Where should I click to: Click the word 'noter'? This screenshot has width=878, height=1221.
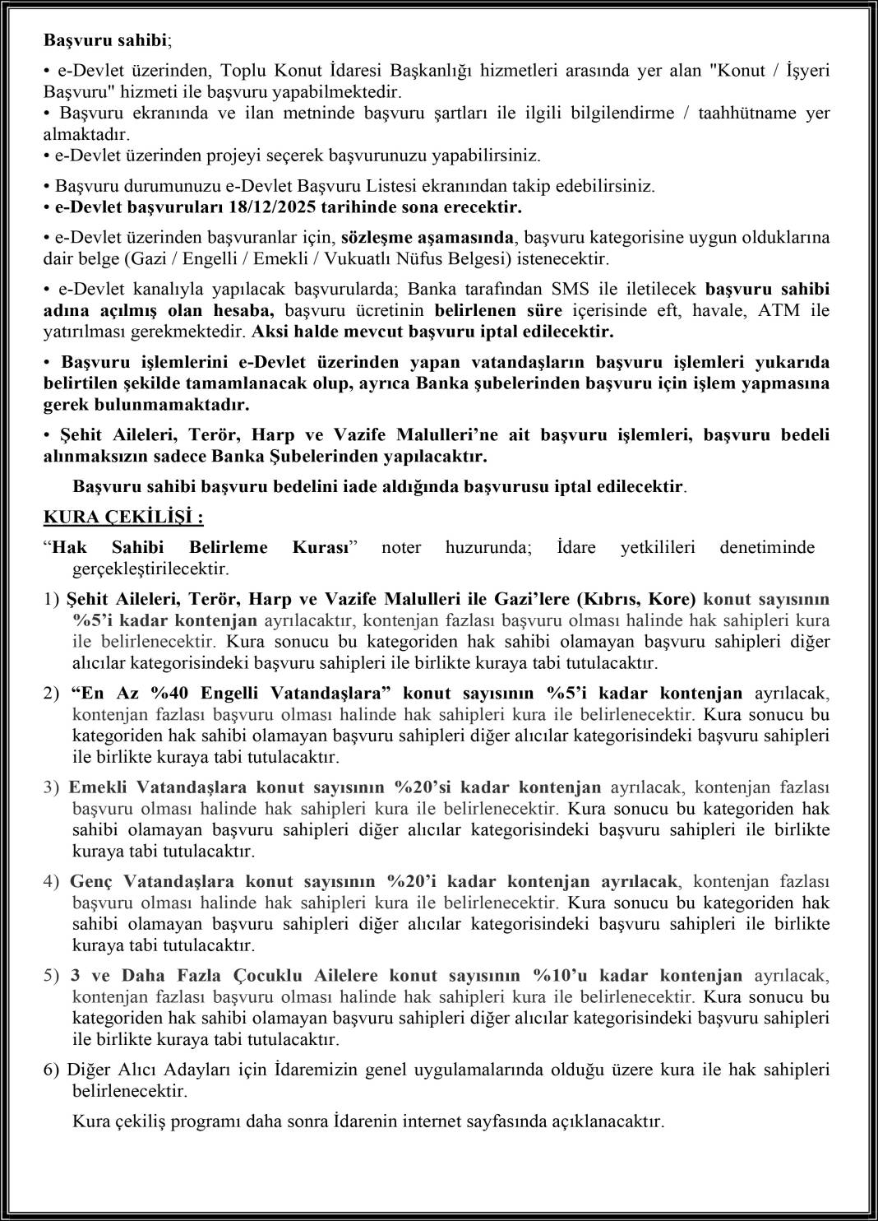coord(400,547)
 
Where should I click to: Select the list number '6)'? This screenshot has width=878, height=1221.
coord(52,1070)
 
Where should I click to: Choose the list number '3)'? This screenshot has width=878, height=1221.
coord(52,787)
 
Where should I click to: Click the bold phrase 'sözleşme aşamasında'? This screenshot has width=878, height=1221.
coord(427,238)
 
